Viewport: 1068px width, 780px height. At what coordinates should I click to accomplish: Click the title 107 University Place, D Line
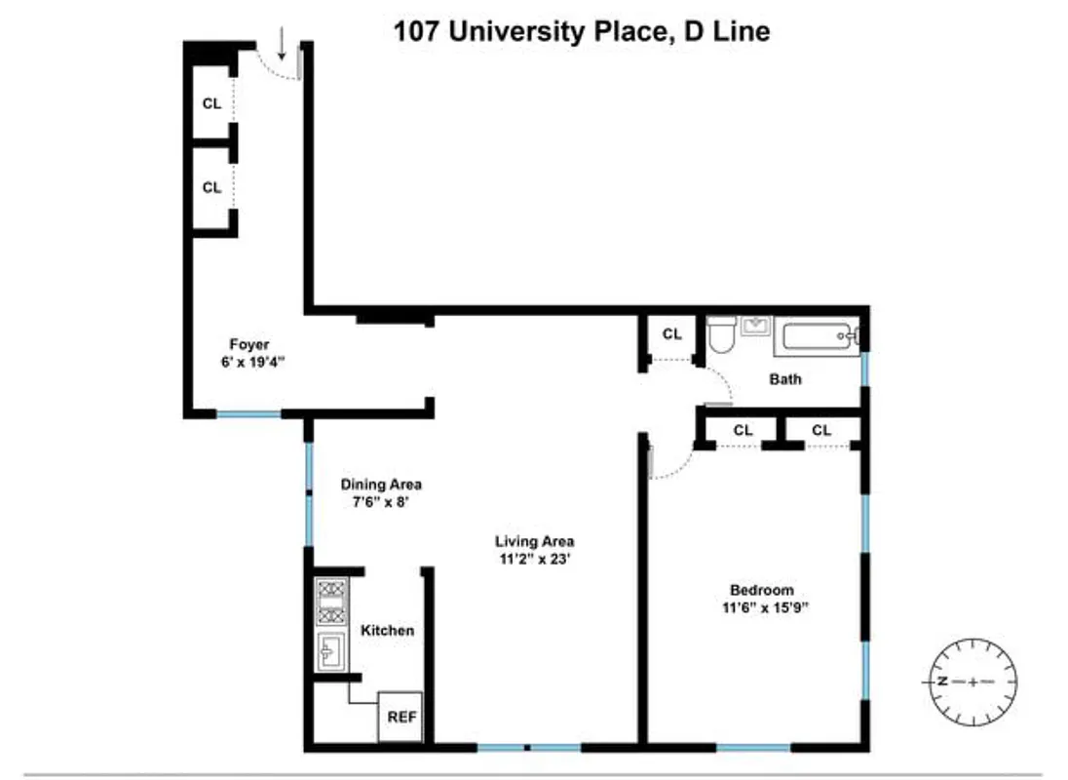(582, 32)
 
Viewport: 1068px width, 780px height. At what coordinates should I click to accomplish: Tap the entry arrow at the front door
(282, 43)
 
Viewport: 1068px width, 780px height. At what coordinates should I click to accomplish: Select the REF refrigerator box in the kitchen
(401, 717)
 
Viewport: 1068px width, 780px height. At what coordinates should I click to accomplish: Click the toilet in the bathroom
(722, 337)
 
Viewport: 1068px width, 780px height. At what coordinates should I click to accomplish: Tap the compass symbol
(971, 681)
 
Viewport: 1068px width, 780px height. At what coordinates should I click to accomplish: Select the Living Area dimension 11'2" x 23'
(534, 559)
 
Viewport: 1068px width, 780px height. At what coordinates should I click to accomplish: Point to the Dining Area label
(381, 484)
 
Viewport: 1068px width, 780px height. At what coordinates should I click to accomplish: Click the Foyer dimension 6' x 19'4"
(248, 361)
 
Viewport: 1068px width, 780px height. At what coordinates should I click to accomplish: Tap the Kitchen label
(387, 631)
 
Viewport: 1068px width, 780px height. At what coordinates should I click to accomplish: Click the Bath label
(785, 378)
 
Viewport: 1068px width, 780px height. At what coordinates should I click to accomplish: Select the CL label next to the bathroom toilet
(671, 334)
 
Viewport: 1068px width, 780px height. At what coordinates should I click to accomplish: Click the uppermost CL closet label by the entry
(211, 102)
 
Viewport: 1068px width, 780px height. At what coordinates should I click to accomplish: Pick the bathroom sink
(755, 325)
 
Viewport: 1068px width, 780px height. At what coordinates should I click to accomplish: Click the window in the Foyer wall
(248, 414)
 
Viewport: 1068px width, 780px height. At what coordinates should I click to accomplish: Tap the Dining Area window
(309, 494)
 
